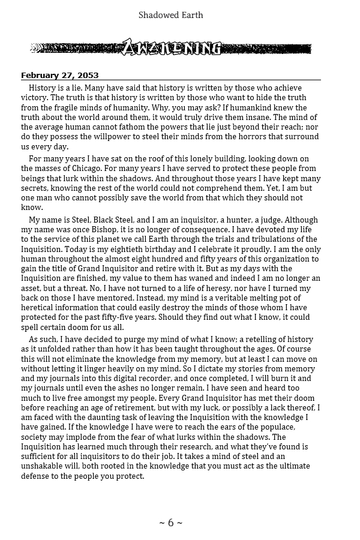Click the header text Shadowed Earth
click(x=170, y=14)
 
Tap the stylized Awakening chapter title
click(x=172, y=49)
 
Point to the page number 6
click(x=170, y=523)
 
